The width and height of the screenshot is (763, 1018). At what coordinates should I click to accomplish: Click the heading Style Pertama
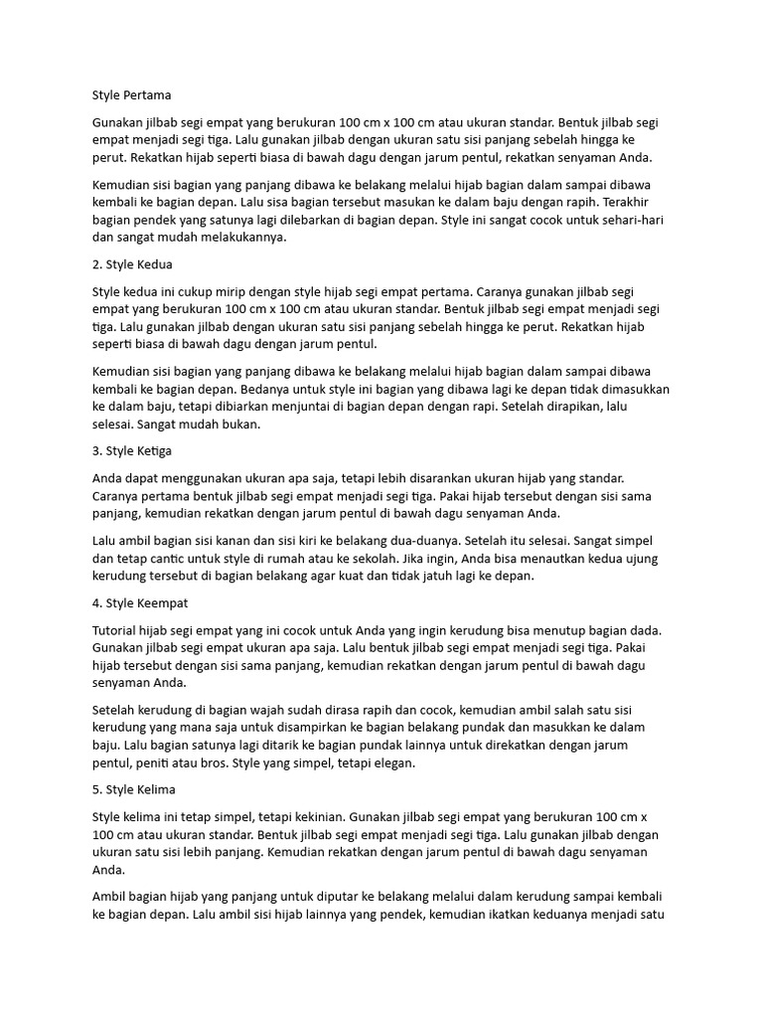click(131, 95)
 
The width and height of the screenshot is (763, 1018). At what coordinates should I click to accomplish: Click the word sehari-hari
click(636, 220)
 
